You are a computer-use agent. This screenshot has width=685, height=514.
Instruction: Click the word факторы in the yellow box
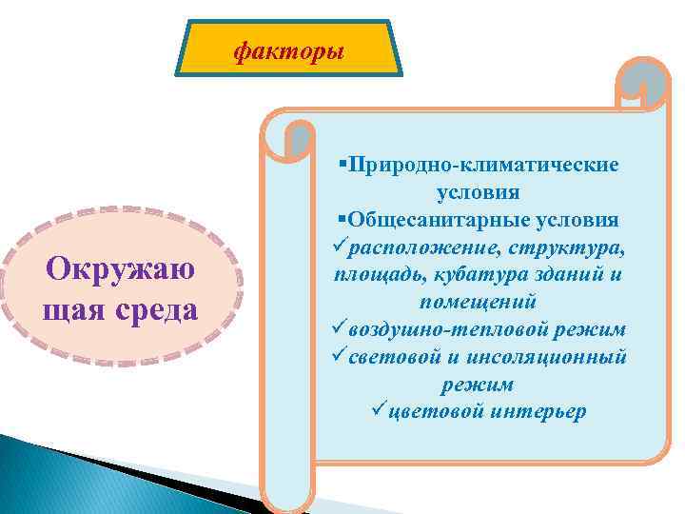click(289, 50)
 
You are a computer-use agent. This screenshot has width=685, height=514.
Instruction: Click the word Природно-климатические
click(484, 165)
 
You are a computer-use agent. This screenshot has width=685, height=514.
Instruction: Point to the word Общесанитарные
click(427, 220)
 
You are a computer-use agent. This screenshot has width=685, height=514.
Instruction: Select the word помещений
click(478, 302)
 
